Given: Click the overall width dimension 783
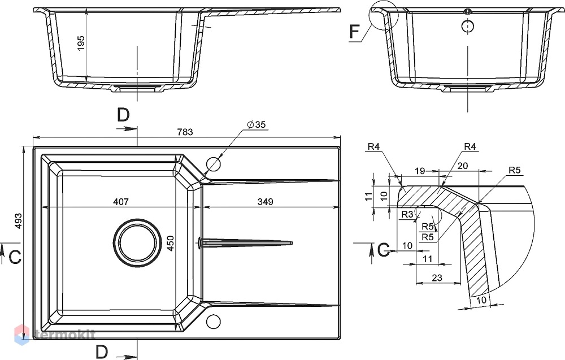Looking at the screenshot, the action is [185, 132].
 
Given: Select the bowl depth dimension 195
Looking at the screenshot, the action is [81, 43].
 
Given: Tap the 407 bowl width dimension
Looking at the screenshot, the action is [121, 202].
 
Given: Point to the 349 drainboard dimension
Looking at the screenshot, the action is [265, 202].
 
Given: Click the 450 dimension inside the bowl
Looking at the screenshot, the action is [170, 243].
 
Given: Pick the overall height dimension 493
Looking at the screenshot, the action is [19, 221].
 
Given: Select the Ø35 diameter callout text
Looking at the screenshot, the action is [257, 125].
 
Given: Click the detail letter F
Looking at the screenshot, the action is [355, 32].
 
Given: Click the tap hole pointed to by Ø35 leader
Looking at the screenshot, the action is [213, 164].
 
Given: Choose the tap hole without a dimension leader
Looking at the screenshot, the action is [213, 321].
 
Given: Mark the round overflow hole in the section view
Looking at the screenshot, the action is [468, 26].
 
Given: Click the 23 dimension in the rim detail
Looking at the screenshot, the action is [437, 278].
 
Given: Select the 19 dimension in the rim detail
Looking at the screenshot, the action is [420, 171].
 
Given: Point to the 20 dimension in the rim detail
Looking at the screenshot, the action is [463, 166].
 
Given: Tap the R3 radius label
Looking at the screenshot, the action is [407, 214].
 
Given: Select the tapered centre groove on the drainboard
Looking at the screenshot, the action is [245, 242].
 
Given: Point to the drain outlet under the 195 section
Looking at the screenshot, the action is [136, 89].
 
